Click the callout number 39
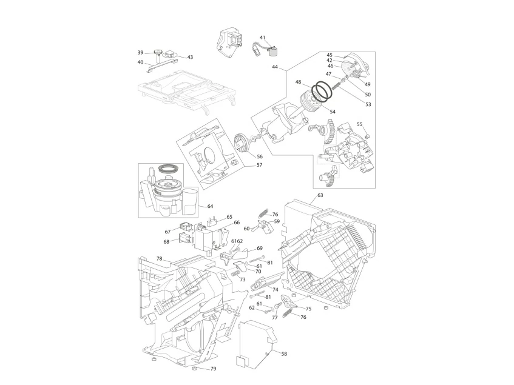pos(140,52)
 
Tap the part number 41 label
pos(263,38)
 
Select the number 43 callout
pos(190,57)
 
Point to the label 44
pos(275,68)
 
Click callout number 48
pos(299,82)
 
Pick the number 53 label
pos(368,104)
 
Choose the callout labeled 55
pos(360,124)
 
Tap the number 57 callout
pos(259,165)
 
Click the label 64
pos(211,206)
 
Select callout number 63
pos(320,195)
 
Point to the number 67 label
pos(167,231)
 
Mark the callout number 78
pos(159,258)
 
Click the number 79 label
pos(213,369)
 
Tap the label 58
pos(284,353)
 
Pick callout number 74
pos(275,290)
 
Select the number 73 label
pos(242,280)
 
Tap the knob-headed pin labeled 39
pos(159,55)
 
